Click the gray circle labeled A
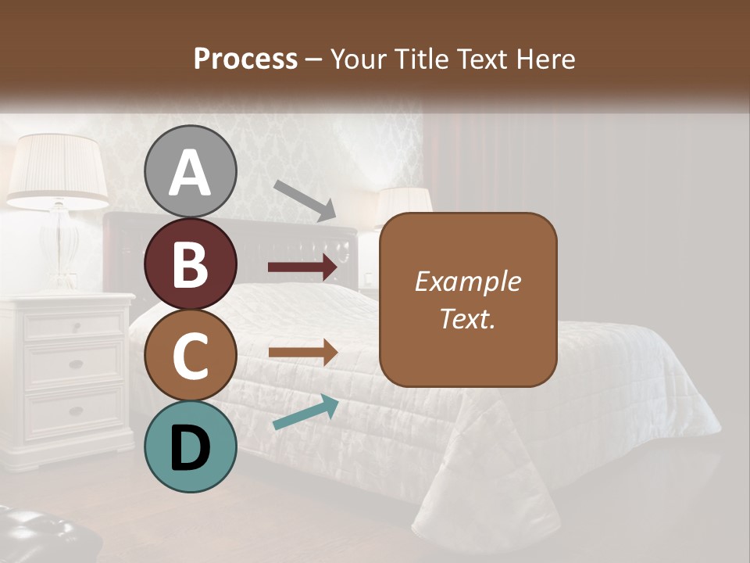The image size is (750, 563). click(x=191, y=171)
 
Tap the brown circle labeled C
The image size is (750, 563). click(x=191, y=355)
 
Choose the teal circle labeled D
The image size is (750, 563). click(x=191, y=446)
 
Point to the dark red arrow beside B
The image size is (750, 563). click(x=302, y=267)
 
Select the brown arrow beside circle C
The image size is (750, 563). click(x=302, y=353)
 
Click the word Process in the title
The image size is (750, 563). click(x=245, y=59)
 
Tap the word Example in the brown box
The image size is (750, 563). click(x=468, y=281)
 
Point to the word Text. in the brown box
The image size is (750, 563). click(x=468, y=318)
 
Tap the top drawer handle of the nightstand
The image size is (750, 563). click(x=76, y=327)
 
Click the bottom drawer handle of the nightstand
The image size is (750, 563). click(x=76, y=411)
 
